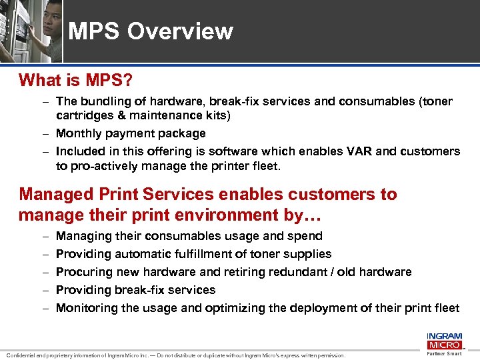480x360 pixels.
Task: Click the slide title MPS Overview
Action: point(151,31)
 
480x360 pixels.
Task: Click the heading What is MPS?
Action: point(75,81)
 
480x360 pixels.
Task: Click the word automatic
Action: point(144,254)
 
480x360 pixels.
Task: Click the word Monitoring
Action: point(85,308)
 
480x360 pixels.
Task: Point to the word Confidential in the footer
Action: point(23,355)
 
